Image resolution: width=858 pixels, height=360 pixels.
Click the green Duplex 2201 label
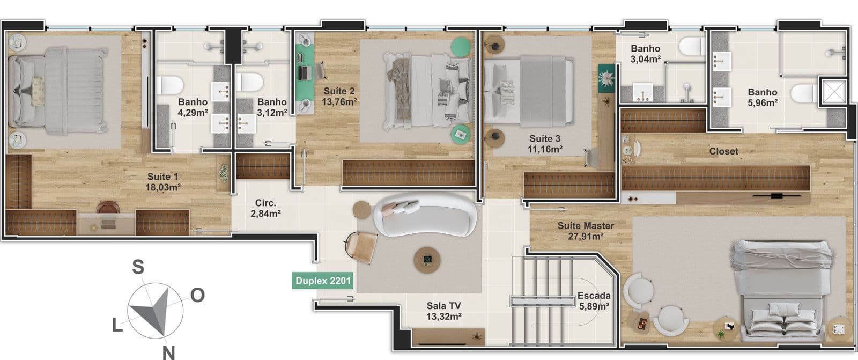[322, 281]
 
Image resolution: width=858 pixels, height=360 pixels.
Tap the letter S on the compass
[138, 267]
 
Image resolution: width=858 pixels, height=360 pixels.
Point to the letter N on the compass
[168, 352]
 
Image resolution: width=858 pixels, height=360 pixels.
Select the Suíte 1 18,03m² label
[163, 182]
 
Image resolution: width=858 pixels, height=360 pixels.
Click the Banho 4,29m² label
[193, 107]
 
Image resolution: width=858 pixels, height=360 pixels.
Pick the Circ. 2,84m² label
[265, 208]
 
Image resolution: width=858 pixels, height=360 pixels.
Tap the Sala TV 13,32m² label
[443, 311]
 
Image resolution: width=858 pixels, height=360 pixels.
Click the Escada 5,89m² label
[594, 301]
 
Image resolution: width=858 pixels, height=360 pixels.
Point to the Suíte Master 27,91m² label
[586, 231]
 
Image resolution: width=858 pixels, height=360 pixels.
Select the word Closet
[723, 151]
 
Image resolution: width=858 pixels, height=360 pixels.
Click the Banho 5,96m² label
[762, 98]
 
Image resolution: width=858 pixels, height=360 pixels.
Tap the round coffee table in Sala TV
[427, 260]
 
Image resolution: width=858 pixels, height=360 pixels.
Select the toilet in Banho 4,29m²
[170, 85]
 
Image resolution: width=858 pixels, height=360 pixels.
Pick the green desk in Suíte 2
[305, 73]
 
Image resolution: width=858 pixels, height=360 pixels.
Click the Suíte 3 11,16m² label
[545, 144]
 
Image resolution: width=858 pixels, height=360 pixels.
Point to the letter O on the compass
[198, 295]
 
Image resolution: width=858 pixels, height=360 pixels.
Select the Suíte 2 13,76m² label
[339, 96]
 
